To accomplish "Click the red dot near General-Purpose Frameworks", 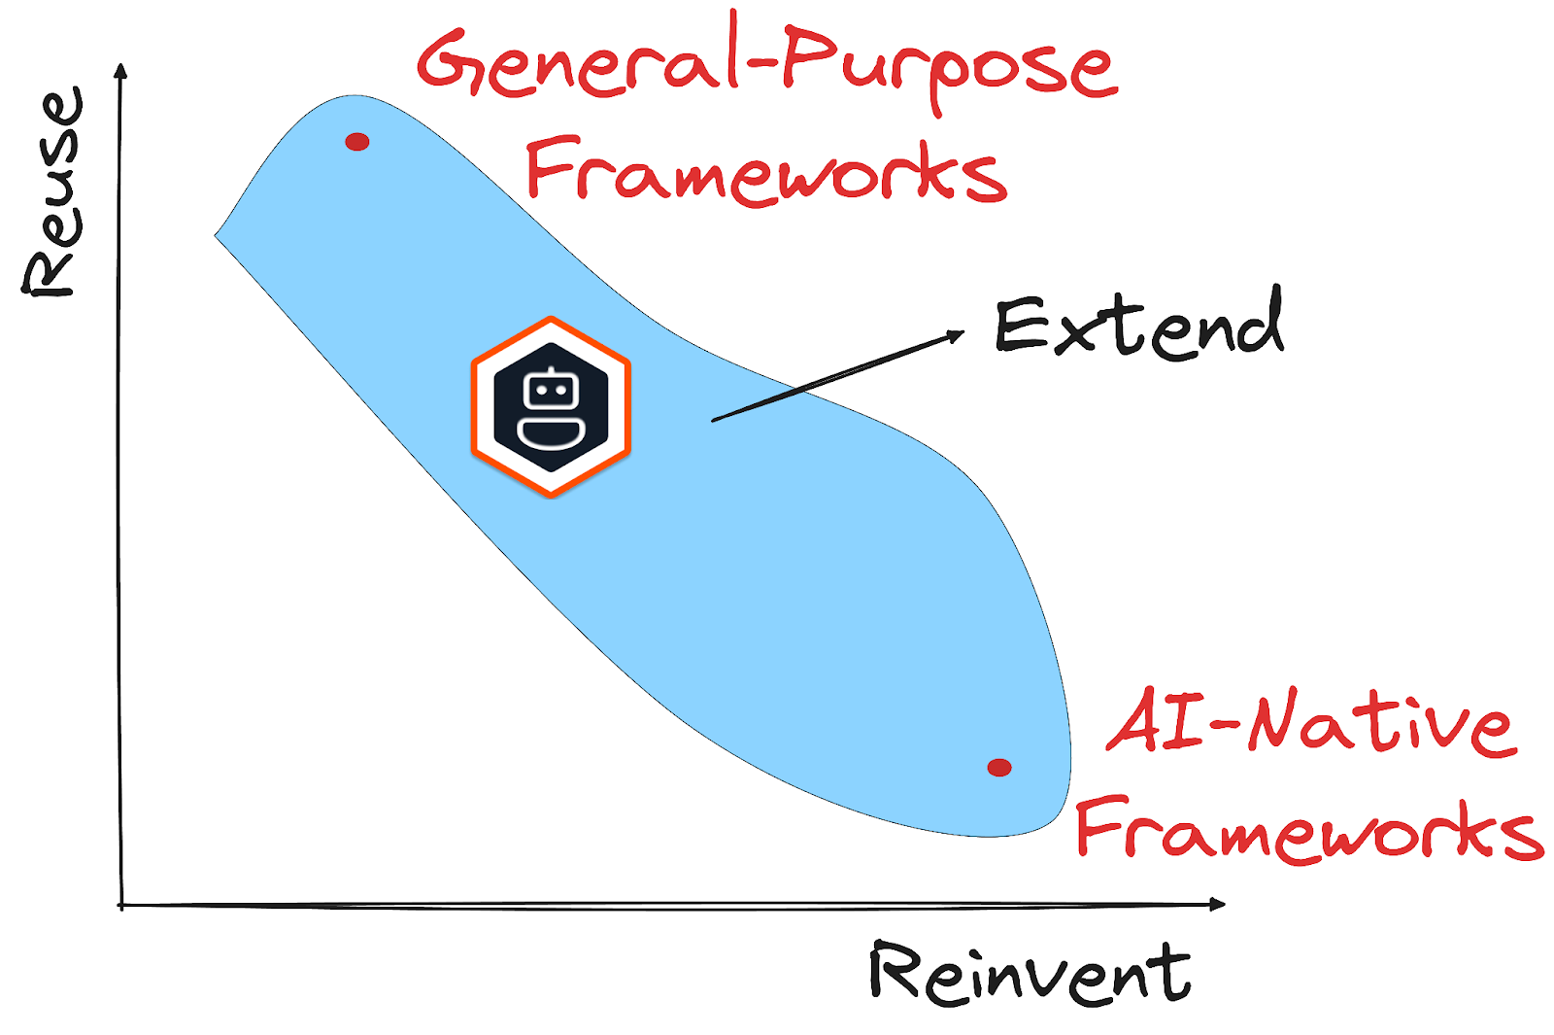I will (357, 142).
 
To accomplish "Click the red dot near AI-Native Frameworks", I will (999, 768).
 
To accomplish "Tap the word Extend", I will (1139, 327).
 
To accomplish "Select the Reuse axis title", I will (53, 191).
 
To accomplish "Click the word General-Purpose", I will (767, 63).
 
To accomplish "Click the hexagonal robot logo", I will (551, 406).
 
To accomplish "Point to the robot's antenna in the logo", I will (551, 370).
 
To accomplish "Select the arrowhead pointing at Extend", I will (957, 335).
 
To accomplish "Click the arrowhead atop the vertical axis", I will (120, 70).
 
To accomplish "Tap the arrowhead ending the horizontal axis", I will (1218, 904).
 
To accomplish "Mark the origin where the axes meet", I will (121, 906).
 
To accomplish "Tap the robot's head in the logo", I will (551, 393).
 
